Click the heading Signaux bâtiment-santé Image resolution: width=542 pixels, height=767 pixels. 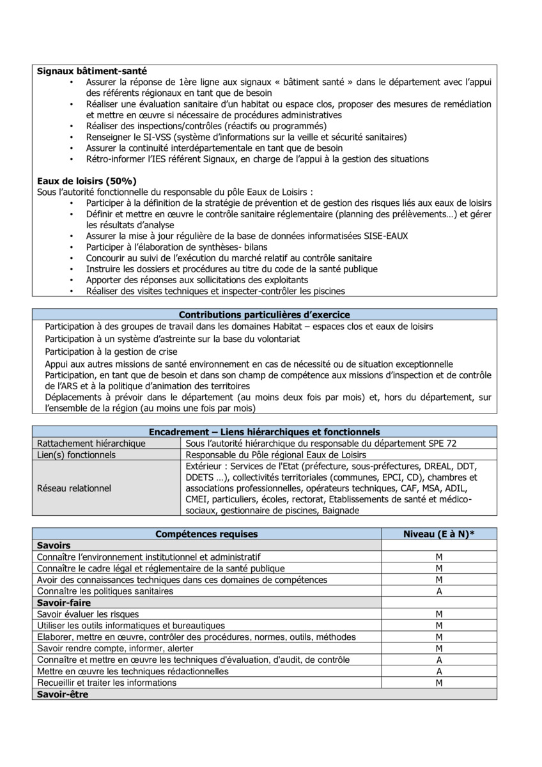(x=92, y=72)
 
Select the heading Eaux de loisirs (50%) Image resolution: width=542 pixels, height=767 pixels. (x=86, y=181)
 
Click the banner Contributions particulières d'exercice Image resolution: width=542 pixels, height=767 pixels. (x=264, y=314)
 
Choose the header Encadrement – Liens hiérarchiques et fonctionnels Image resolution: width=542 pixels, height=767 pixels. (x=264, y=432)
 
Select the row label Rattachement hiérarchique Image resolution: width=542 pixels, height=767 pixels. (x=91, y=444)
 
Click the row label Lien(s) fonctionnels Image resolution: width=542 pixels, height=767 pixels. (x=77, y=455)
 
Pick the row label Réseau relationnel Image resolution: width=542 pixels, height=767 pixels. (x=74, y=488)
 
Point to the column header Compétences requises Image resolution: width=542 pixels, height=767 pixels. (x=206, y=534)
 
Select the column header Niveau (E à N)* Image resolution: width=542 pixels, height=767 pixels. (x=439, y=534)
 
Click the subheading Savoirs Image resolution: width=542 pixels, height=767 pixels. (x=54, y=545)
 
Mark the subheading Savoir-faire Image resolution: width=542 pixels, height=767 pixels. (x=64, y=603)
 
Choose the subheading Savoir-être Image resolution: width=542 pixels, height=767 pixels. (x=63, y=695)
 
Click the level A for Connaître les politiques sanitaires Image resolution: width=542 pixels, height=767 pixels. (x=439, y=591)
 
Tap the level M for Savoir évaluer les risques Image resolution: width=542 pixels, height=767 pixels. (x=439, y=614)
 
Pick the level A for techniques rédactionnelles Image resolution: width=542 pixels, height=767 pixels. (x=439, y=672)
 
